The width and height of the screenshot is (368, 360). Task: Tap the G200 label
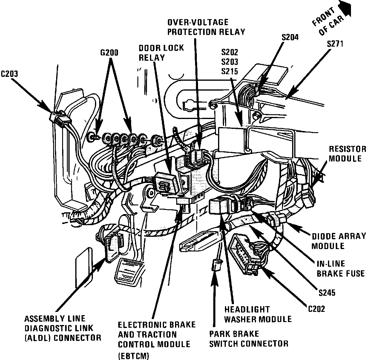pos(109,53)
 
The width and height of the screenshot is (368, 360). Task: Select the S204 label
pos(290,37)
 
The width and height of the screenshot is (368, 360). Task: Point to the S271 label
pos(335,44)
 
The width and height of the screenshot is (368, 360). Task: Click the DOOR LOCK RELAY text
pos(161,53)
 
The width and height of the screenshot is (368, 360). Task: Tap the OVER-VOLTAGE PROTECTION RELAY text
pos(206,27)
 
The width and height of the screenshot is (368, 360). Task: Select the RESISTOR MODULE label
pos(347,154)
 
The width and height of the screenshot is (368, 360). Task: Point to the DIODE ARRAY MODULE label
pos(339,241)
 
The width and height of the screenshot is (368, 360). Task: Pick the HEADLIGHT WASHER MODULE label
pos(257,314)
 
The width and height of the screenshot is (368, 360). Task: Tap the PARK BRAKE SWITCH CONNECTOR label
pos(249,339)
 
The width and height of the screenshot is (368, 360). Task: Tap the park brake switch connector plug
pos(216,265)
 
